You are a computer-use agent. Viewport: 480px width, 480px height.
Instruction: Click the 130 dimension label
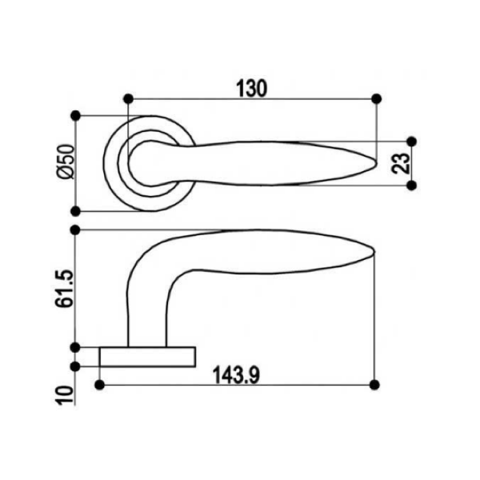point(252,89)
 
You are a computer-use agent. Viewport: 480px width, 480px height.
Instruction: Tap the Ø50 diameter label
point(66,162)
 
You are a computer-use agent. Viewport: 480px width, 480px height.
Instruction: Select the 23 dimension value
point(401,163)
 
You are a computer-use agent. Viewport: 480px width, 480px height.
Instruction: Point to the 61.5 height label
point(65,288)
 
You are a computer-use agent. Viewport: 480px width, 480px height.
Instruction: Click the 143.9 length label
point(236,375)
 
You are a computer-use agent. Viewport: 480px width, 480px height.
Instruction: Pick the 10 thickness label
point(66,395)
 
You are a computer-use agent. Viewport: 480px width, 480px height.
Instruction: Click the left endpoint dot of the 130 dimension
point(129,99)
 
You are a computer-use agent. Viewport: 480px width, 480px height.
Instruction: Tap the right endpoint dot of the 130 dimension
point(376,99)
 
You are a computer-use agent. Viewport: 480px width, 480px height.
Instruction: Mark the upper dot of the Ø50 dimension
point(75,116)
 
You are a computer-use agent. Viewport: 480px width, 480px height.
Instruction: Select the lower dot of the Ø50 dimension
point(75,211)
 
